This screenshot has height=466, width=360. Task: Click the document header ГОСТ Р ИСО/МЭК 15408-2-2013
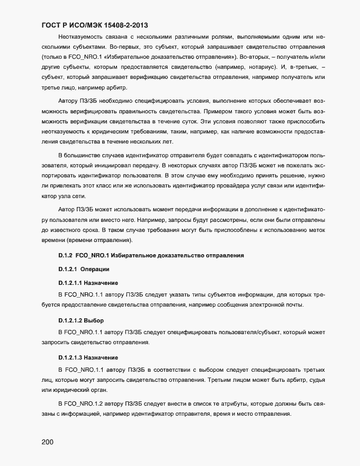coord(94,25)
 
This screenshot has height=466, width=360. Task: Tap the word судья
coord(317,381)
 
